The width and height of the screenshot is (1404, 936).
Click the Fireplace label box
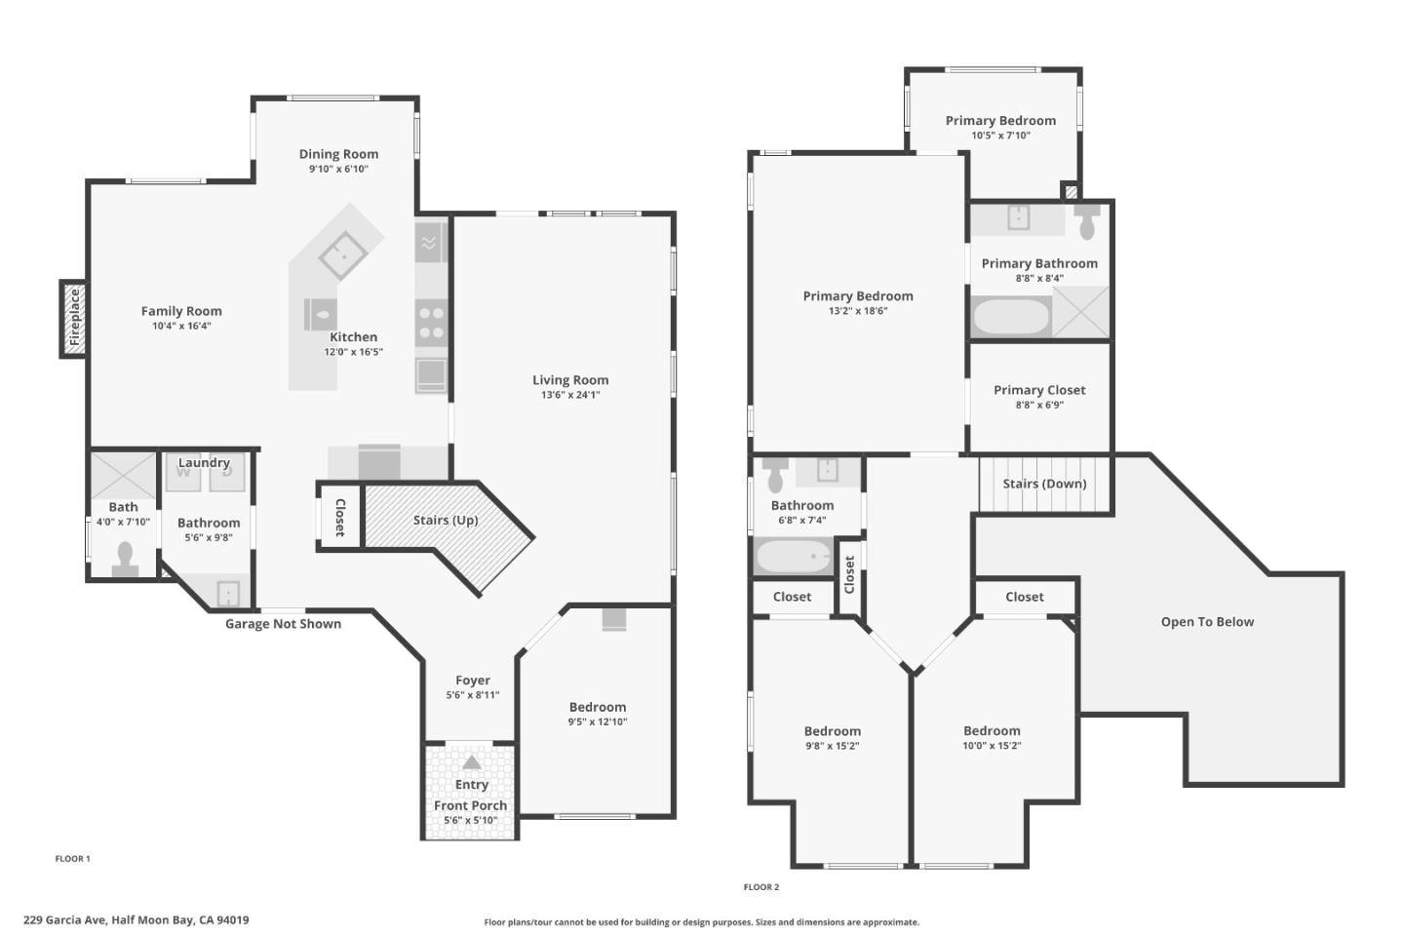[73, 318]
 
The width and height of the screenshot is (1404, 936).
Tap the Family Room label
[181, 311]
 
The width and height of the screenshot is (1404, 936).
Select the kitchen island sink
[342, 255]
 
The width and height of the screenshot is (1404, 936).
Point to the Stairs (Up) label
[446, 520]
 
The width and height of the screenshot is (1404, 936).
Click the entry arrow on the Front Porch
[472, 762]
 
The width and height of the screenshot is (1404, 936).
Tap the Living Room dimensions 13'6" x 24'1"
[570, 395]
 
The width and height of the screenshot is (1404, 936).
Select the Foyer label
[473, 681]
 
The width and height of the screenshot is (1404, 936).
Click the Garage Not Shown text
[283, 624]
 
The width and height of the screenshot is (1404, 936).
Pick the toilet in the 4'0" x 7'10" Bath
[124, 559]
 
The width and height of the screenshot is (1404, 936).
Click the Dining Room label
[338, 154]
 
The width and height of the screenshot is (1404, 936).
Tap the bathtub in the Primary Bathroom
[1011, 317]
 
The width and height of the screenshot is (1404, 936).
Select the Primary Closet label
[1039, 390]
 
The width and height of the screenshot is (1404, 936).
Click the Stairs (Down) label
[1044, 484]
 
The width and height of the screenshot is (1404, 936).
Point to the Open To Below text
[1207, 622]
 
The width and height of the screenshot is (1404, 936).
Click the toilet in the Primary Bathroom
[1087, 222]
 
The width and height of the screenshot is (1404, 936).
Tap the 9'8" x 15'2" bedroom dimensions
[832, 746]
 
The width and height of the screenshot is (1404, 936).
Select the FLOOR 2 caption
[761, 887]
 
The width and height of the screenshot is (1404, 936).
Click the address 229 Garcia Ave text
[136, 919]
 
